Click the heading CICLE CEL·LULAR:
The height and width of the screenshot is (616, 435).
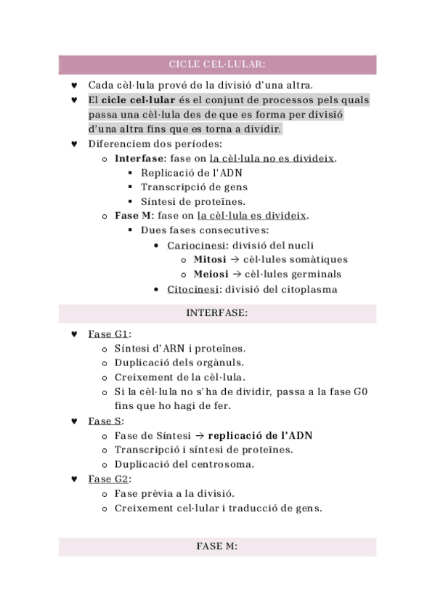coord(217,64)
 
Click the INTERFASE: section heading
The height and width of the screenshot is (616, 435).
coord(217,313)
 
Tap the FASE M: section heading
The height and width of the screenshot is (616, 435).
coord(217,546)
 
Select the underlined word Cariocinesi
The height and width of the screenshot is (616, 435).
coord(194,245)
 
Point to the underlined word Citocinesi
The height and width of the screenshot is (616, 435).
coord(192,289)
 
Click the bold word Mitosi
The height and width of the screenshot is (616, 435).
coord(210,259)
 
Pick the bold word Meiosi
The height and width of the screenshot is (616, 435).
coord(211,274)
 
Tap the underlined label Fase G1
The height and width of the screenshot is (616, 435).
coord(108,334)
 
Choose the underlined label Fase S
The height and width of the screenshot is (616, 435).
coord(105,421)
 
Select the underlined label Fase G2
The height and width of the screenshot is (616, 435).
coord(108,479)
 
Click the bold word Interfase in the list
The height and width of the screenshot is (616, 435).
coord(139,158)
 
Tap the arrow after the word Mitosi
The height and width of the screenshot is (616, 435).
coord(235,259)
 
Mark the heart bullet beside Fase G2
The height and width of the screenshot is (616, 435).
coord(75,479)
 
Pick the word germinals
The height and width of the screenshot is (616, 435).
coord(312,274)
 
